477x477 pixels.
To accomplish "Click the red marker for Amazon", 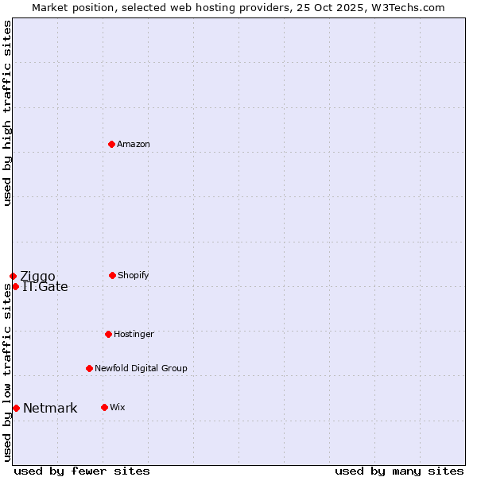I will pyautogui.click(x=112, y=144).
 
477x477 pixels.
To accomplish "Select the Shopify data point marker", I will pyautogui.click(x=112, y=275).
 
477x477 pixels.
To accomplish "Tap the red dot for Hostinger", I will pyautogui.click(x=108, y=334).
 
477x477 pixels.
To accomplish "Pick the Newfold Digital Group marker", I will pyautogui.click(x=89, y=368).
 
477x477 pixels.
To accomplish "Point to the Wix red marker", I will pyautogui.click(x=104, y=407).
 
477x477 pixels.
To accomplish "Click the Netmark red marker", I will pyautogui.click(x=16, y=408).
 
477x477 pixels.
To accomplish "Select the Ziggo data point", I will pyautogui.click(x=13, y=276).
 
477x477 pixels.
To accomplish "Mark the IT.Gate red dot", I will pyautogui.click(x=15, y=286).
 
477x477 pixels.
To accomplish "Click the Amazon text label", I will pyautogui.click(x=134, y=144).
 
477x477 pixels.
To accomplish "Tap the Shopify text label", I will pyautogui.click(x=134, y=275).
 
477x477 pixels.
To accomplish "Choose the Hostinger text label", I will pyautogui.click(x=134, y=334).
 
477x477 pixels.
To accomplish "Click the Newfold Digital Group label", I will pyautogui.click(x=141, y=368).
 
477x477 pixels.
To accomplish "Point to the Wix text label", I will pyautogui.click(x=118, y=407).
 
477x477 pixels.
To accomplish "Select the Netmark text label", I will pyautogui.click(x=50, y=409).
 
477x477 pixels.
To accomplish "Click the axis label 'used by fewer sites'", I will pyautogui.click(x=82, y=471).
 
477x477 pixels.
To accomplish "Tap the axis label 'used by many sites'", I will pyautogui.click(x=399, y=471).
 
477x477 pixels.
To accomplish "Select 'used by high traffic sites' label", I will pyautogui.click(x=7, y=113).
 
